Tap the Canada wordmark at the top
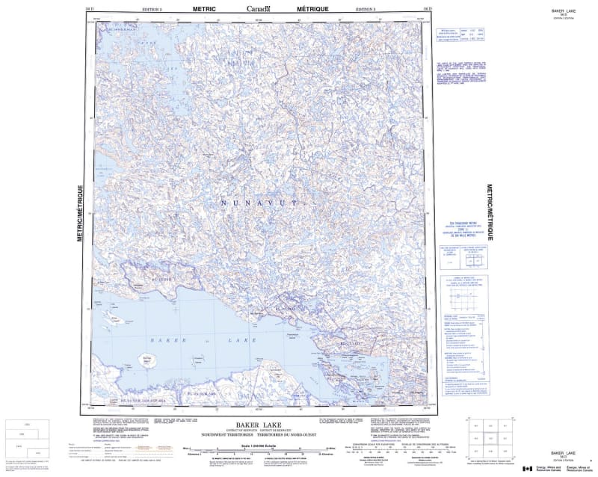click(x=259, y=8)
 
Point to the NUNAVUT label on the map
click(x=259, y=203)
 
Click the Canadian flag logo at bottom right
click(x=528, y=468)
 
